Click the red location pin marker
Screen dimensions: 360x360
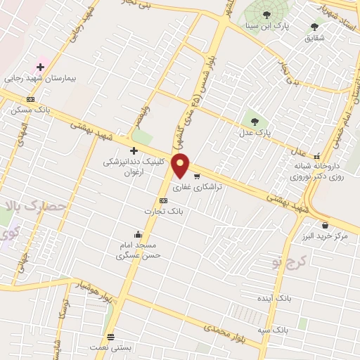coord(181,166)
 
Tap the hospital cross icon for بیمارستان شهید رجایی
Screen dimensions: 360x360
coord(40,67)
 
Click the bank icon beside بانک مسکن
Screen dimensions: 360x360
coord(30,99)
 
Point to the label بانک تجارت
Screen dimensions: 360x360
coord(163,211)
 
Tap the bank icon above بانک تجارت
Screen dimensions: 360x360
coord(164,200)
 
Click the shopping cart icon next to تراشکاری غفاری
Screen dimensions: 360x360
coord(197,176)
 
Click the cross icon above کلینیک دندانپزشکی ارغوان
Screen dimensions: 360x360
coord(134,150)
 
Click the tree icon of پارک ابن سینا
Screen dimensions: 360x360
coord(266,15)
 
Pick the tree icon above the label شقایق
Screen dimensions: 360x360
coord(314,27)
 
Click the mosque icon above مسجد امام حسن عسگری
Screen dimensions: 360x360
coord(138,235)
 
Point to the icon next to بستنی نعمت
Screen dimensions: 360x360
coord(110,337)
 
